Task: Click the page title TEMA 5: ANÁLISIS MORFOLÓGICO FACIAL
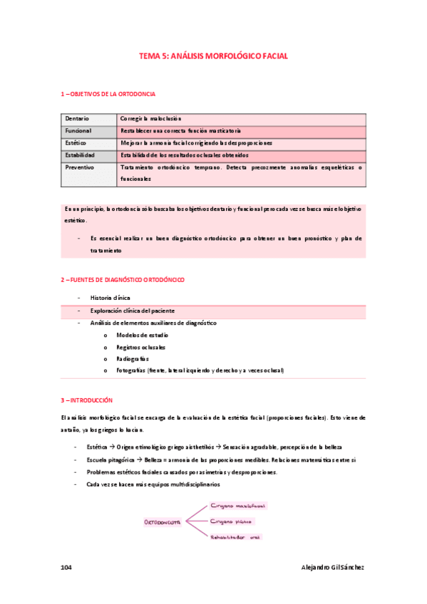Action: pyautogui.click(x=213, y=56)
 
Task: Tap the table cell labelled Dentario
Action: pyautogui.click(x=77, y=119)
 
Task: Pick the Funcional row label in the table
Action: pyautogui.click(x=78, y=131)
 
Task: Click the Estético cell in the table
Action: pyautogui.click(x=76, y=143)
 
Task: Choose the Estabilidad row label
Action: pyautogui.click(x=80, y=155)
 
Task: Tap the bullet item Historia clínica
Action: pyautogui.click(x=110, y=298)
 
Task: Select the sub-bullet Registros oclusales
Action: pyautogui.click(x=141, y=347)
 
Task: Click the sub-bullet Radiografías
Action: pyautogui.click(x=133, y=359)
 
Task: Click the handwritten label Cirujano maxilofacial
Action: pyautogui.click(x=238, y=506)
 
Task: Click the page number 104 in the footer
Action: pyautogui.click(x=66, y=567)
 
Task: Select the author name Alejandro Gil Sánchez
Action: pyautogui.click(x=333, y=567)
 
